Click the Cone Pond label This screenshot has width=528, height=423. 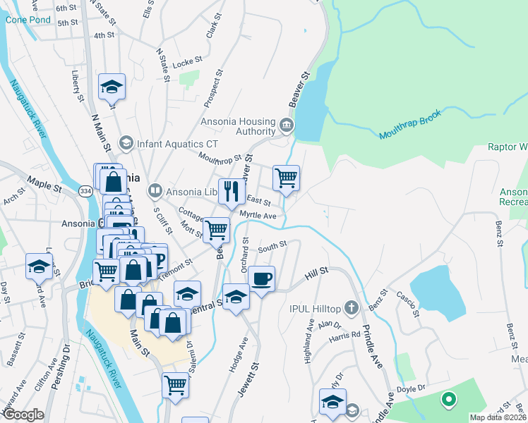pos(28,20)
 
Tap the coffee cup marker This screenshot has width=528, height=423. pos(261,278)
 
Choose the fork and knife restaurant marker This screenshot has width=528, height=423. pos(232,190)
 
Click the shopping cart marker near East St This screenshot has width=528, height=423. pos(286,178)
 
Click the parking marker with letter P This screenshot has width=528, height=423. pos(158,259)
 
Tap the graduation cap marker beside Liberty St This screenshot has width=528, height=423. pos(112,87)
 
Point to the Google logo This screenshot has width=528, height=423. pos(24,415)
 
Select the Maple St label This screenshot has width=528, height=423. pos(44,189)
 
